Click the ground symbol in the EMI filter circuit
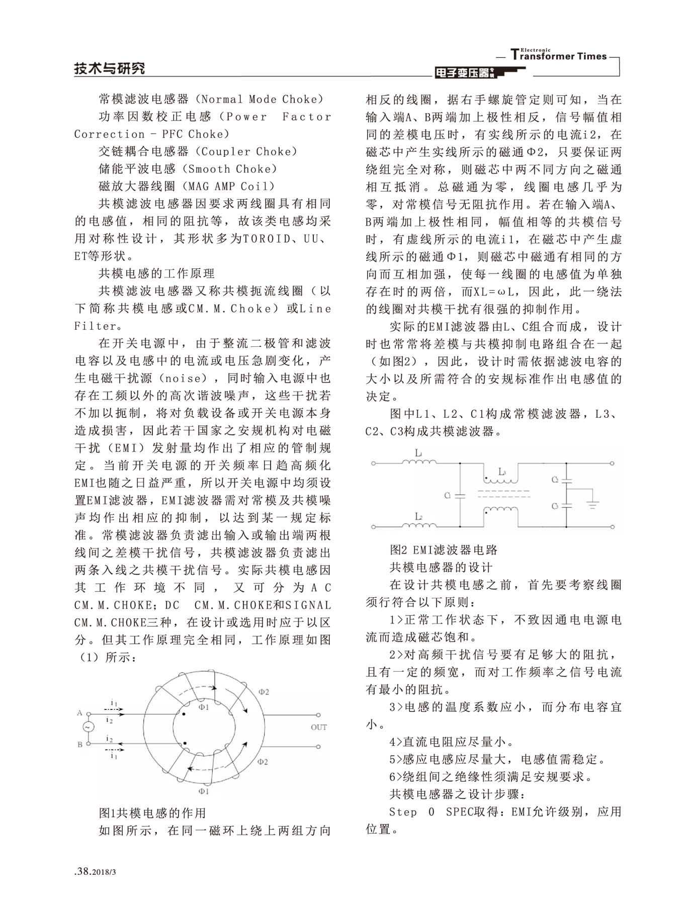click(593, 504)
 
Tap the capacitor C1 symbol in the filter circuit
click(460, 496)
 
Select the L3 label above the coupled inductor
click(502, 472)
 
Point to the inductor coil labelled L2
click(419, 525)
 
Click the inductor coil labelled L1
click(419, 461)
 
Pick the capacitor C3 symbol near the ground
click(567, 505)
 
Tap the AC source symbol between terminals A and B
click(88, 727)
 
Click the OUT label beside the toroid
click(318, 727)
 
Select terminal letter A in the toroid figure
click(79, 713)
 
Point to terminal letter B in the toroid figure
click(79, 744)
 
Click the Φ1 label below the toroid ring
click(204, 791)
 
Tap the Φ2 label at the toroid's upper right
click(264, 692)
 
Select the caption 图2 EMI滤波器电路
click(444, 550)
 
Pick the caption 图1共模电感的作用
click(152, 813)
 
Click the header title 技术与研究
click(109, 68)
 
